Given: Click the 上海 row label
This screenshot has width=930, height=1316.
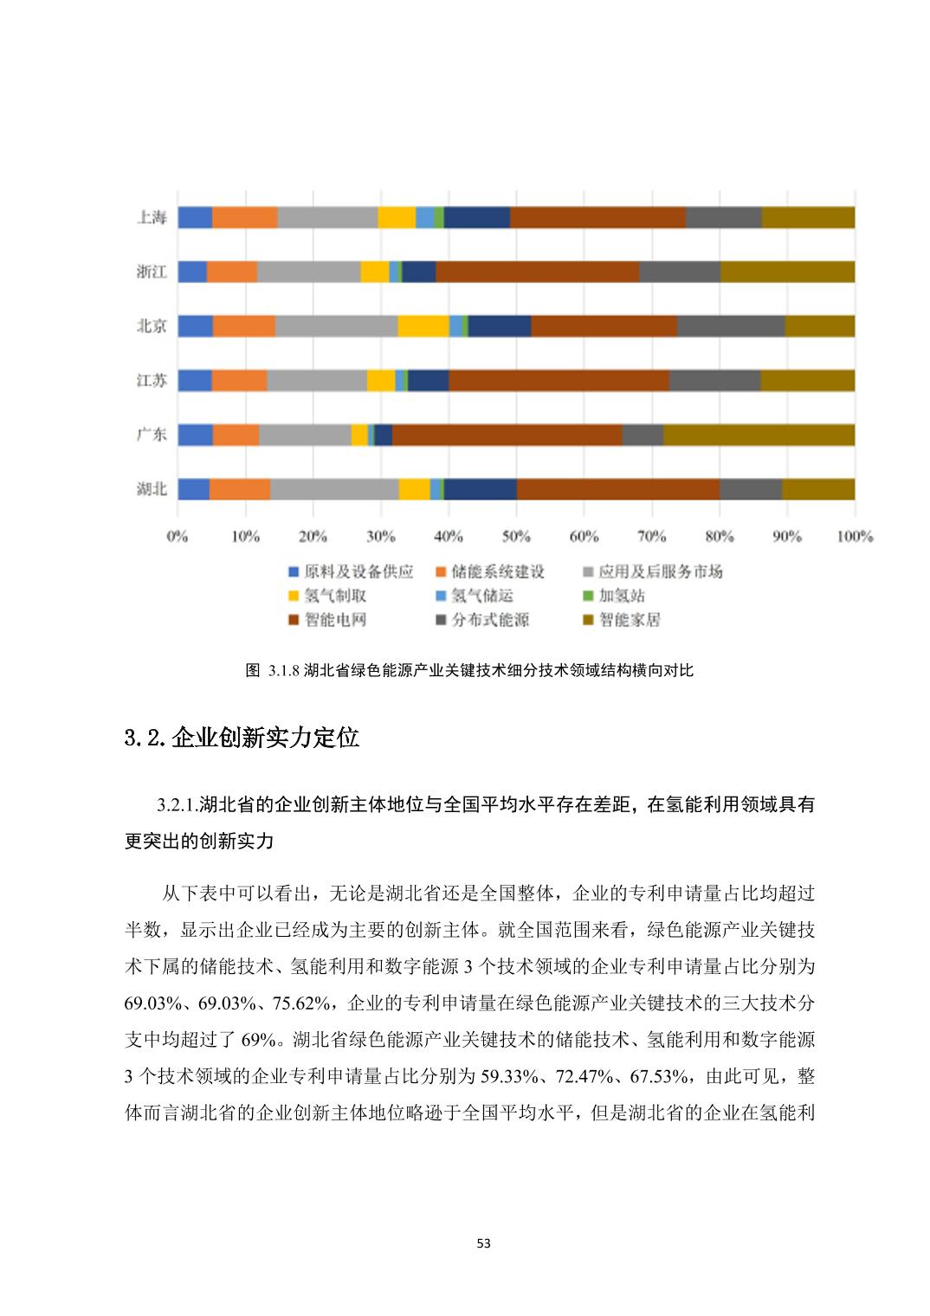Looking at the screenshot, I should click(152, 217).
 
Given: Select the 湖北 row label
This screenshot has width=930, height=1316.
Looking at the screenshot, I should click(152, 489).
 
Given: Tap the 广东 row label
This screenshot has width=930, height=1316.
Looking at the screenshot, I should click(152, 435).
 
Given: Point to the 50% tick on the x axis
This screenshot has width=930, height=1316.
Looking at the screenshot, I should click(516, 537).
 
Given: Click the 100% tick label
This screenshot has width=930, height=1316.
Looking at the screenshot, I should click(854, 537).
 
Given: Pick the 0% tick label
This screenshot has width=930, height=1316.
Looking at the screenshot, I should click(178, 537).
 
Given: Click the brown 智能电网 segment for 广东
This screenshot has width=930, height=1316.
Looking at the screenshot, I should click(507, 435).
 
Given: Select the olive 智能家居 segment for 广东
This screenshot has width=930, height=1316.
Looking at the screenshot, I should click(759, 435).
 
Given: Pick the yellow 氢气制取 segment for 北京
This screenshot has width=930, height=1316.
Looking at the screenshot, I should click(423, 326).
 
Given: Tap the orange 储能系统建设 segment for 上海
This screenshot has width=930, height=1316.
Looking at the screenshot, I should click(245, 217).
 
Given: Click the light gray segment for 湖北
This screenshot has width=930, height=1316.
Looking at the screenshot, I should click(334, 489).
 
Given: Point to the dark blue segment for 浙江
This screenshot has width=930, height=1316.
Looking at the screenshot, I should click(419, 272).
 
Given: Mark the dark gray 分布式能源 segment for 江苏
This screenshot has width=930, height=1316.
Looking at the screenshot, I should click(714, 380).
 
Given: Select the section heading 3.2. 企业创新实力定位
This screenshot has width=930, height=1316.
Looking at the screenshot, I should click(242, 739).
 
